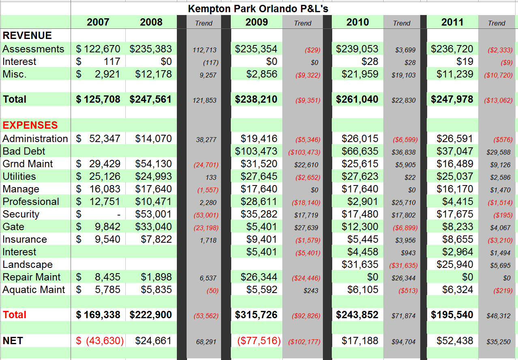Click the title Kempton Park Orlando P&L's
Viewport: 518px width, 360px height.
click(258, 9)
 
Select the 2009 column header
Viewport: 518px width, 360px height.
click(256, 22)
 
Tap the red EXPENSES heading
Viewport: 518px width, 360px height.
click(30, 125)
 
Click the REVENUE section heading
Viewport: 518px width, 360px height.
click(27, 36)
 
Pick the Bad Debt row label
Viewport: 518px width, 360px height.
click(24, 151)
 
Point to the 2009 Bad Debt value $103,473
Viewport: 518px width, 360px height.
click(256, 151)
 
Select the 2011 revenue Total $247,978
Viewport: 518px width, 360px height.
click(452, 99)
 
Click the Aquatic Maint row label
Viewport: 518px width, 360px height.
click(34, 290)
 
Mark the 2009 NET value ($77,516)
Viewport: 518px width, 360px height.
click(259, 341)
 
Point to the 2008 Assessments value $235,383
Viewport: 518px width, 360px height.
click(150, 49)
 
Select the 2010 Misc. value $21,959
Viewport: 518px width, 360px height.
click(357, 74)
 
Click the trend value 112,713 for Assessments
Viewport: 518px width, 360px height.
click(204, 50)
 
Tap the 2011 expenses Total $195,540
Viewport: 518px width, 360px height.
click(452, 315)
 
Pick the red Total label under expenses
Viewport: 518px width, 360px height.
click(15, 315)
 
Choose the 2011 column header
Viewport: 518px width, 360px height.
click(452, 22)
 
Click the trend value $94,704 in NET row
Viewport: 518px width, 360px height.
click(403, 342)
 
